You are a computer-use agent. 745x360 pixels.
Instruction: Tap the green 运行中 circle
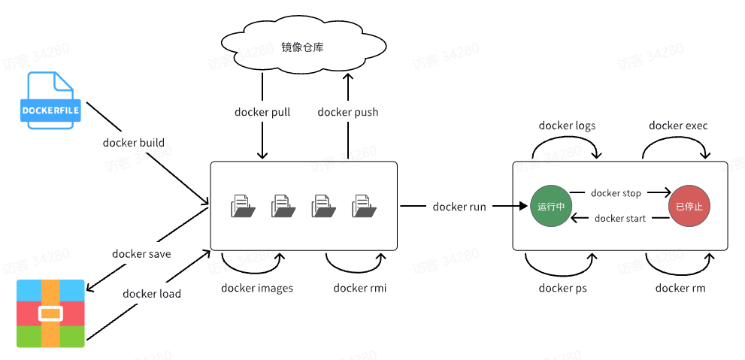point(551,206)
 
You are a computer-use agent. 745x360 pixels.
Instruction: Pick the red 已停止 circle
point(689,206)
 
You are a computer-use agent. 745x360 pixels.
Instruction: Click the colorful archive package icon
point(50,313)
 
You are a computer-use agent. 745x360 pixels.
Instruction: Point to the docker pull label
point(262,112)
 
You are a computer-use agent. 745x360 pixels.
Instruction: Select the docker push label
point(347,112)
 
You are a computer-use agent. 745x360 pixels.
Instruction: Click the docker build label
point(134,143)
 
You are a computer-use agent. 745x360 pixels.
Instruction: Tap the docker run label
point(459,207)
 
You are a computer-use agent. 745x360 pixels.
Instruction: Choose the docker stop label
point(616,193)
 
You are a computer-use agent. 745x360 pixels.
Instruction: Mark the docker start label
point(619,219)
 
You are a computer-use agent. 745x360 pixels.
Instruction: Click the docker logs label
point(567,126)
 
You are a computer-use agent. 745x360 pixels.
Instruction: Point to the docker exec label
point(678,126)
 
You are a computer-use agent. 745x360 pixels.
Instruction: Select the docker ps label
point(562,288)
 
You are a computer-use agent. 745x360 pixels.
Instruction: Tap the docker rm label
point(680,288)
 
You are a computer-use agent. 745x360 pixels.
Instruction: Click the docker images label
point(257,288)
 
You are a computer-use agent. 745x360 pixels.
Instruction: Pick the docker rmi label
point(359,288)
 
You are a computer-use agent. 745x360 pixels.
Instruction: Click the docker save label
point(141,254)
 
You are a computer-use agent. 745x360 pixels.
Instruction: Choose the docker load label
point(152,293)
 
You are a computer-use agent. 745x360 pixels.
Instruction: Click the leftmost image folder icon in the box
point(242,205)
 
